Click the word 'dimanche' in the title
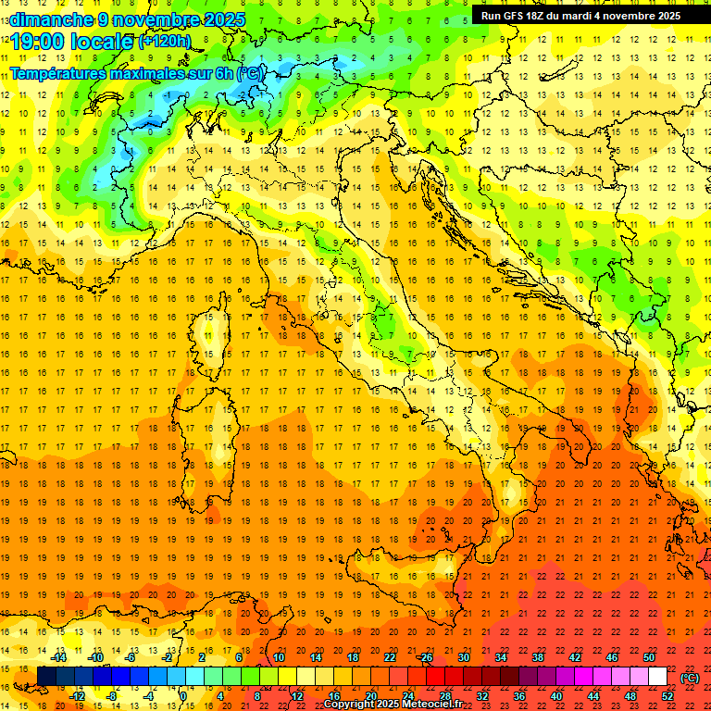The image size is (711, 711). [x=50, y=19]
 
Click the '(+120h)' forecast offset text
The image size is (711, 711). [x=165, y=42]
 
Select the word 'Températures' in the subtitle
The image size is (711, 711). [x=56, y=72]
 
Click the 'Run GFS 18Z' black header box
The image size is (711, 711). [x=580, y=15]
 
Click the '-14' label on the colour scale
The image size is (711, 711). [x=61, y=657]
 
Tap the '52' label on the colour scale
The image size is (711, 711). [x=667, y=696]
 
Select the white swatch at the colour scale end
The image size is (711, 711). [x=657, y=677]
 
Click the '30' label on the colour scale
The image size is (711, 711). [x=464, y=657]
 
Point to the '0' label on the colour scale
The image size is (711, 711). [x=183, y=696]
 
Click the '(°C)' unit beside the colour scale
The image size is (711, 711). [x=691, y=677]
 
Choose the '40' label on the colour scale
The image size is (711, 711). [x=556, y=696]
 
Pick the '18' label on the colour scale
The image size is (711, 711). [x=353, y=657]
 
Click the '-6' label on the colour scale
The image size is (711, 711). [x=131, y=657]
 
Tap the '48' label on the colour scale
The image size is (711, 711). [x=630, y=696]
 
